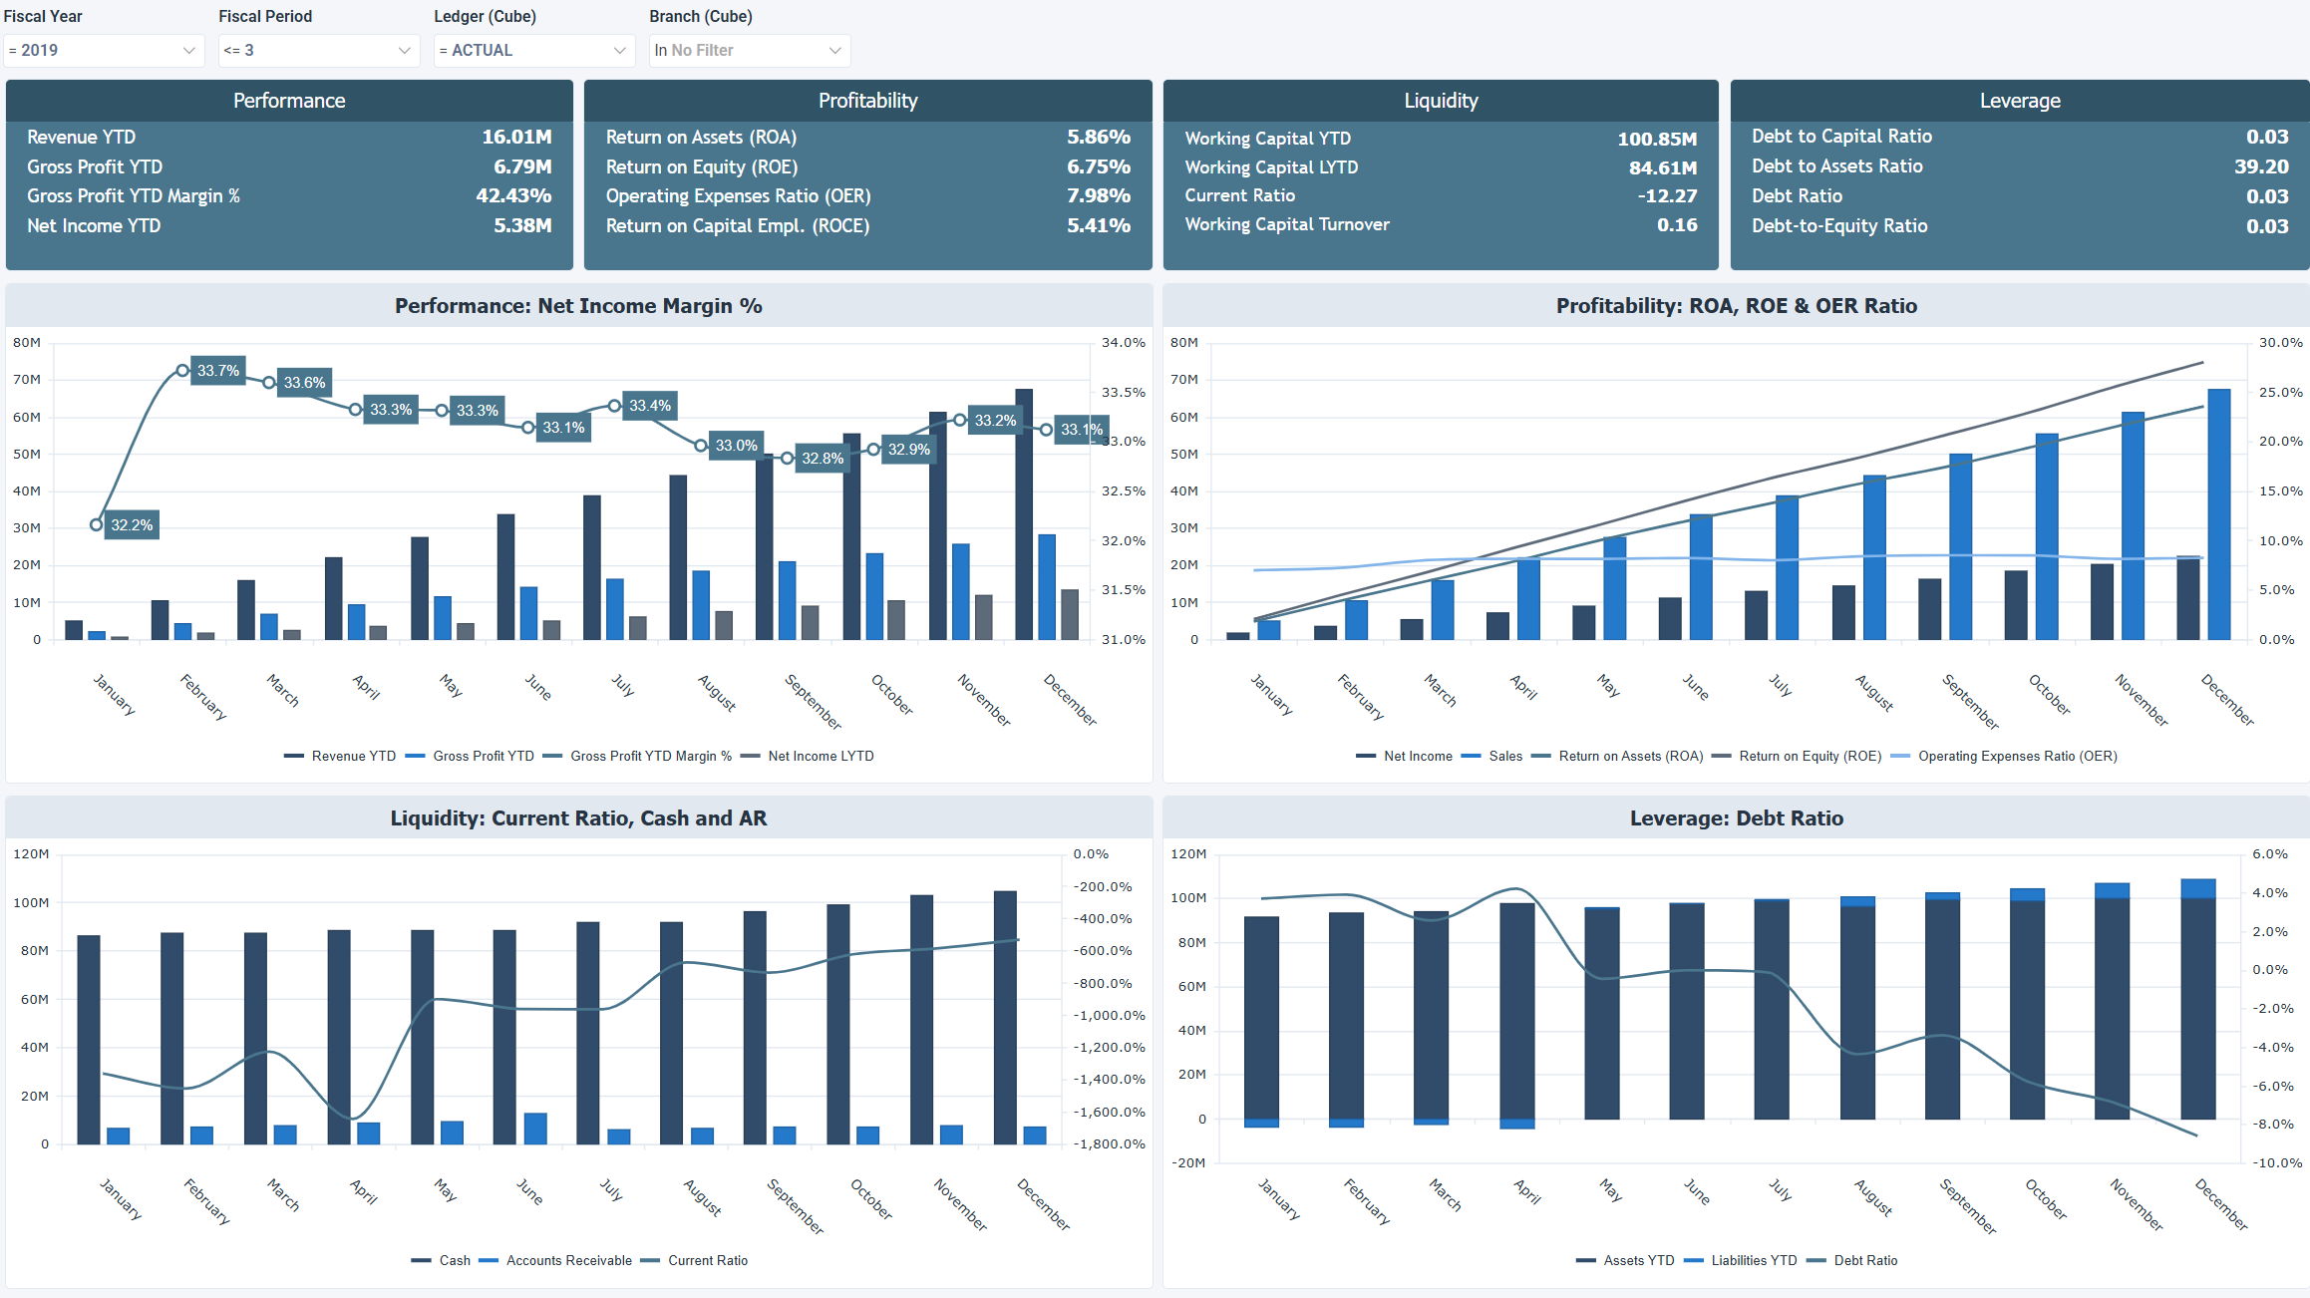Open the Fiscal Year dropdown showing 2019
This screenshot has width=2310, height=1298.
pos(103,51)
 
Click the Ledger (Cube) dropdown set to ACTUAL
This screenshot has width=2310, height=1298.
pos(533,51)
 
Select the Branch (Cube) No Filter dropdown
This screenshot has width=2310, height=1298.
pos(749,51)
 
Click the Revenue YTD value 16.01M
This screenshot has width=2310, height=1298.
pos(516,137)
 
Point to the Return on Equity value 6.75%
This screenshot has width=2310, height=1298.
pos(1098,166)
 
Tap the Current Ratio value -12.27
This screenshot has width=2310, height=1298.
pos(1666,196)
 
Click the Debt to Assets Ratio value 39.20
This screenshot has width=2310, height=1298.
pos(2260,166)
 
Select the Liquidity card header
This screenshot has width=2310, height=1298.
pos(1440,101)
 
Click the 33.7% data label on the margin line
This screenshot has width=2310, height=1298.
pos(217,371)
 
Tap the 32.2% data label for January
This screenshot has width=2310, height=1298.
pos(132,525)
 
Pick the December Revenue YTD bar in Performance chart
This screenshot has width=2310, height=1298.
pos(1024,513)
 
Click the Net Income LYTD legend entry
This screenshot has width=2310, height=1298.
pos(820,757)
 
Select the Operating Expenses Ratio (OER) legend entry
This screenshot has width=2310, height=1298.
pos(2016,757)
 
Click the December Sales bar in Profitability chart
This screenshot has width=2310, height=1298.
pos(2219,513)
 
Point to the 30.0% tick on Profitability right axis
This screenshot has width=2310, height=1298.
pos(2280,343)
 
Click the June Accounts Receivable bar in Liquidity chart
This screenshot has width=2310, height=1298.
pos(535,1129)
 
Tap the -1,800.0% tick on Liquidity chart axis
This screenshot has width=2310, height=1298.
pos(1109,1144)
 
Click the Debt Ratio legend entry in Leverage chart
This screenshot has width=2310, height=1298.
pos(1864,1261)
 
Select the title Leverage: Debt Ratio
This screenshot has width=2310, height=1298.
pos(1736,818)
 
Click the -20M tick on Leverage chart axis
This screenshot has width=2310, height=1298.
pos(1188,1163)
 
